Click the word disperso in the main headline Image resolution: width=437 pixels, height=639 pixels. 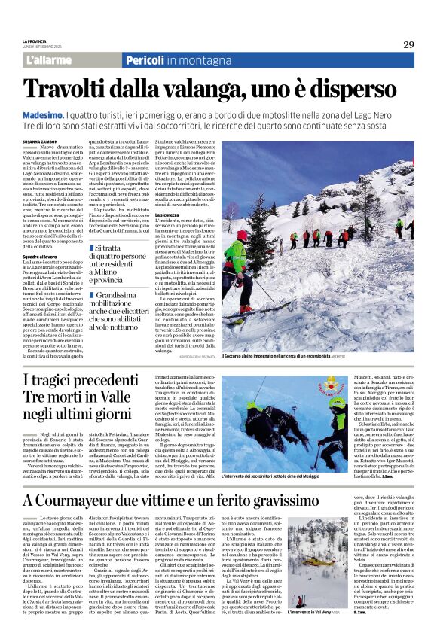pyautogui.click(x=350, y=89)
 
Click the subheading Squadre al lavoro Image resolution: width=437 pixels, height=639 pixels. pyautogui.click(x=39, y=257)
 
